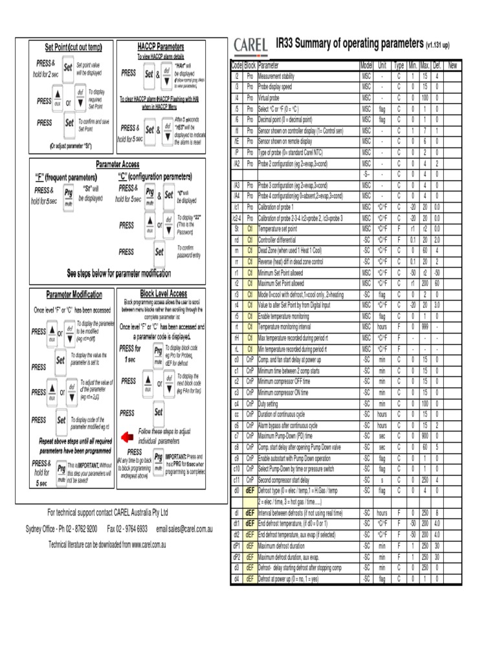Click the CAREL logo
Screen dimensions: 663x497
pyautogui.click(x=252, y=45)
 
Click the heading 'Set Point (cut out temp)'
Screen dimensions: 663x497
pyautogui.click(x=73, y=47)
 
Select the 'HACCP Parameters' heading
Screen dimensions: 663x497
pyautogui.click(x=160, y=47)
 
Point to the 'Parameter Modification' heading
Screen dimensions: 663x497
pyautogui.click(x=74, y=295)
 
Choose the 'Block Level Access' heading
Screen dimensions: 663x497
pyautogui.click(x=163, y=293)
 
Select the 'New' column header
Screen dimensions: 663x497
pyautogui.click(x=452, y=65)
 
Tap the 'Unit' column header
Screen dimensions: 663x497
pyautogui.click(x=382, y=65)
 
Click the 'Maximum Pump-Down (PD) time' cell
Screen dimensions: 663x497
pyautogui.click(x=291, y=436)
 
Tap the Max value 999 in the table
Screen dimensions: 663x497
pyautogui.click(x=425, y=327)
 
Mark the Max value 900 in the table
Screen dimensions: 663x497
pyautogui.click(x=425, y=436)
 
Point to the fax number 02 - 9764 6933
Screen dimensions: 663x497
pyautogui.click(x=128, y=529)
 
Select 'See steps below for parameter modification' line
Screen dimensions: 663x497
pyautogui.click(x=120, y=273)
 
